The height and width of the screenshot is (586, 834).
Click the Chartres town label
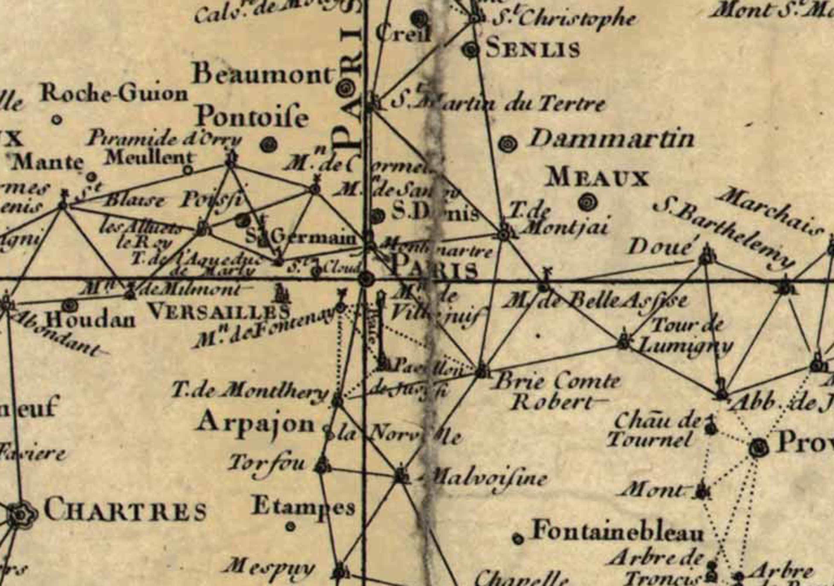click(x=125, y=511)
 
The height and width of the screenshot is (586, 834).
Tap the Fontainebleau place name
click(x=618, y=532)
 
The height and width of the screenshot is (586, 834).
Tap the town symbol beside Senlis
click(x=472, y=50)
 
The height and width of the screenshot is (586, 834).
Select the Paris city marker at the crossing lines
click(x=366, y=280)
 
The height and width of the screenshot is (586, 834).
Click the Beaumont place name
click(x=263, y=75)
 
